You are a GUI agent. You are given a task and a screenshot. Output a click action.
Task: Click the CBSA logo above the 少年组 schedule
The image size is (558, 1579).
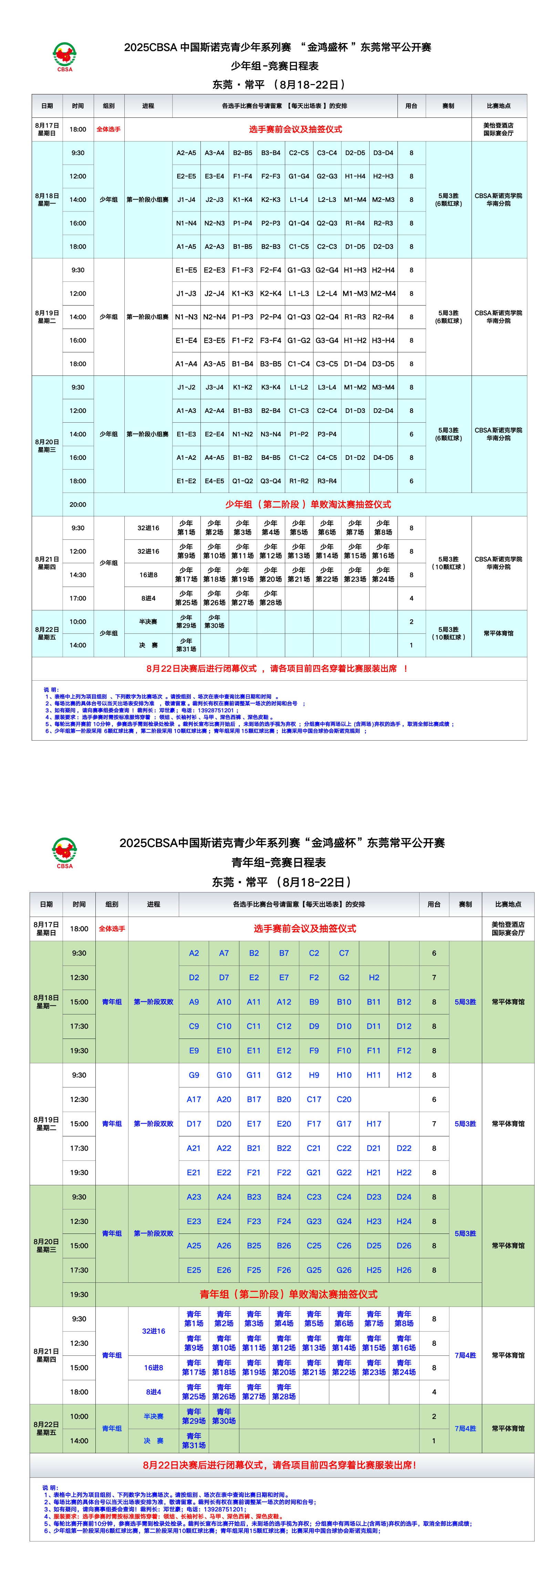point(64,56)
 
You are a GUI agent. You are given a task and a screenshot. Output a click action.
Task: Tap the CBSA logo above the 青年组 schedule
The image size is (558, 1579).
point(64,853)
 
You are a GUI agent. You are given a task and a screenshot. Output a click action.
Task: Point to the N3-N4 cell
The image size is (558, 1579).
point(270,434)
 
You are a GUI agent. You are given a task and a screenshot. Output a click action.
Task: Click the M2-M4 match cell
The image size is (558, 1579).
point(383,293)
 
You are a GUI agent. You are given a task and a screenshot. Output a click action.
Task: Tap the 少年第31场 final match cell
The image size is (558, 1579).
point(186,645)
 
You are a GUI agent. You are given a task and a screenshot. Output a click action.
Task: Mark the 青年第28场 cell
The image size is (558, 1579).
point(284,1391)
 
